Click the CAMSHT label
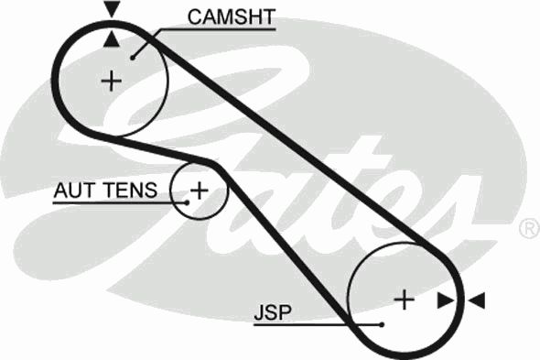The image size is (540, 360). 232,16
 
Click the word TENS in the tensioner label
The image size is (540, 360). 131,190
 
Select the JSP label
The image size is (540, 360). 273,312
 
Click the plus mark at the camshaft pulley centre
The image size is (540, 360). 112,81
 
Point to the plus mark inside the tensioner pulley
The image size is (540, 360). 200,191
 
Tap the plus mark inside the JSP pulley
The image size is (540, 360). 404,300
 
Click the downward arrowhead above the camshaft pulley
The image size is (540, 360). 113,8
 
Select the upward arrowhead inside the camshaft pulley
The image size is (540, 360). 112,38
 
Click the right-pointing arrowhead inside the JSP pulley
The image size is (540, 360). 446,300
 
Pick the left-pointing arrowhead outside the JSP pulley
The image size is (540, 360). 478,300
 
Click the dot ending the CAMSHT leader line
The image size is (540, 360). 133,58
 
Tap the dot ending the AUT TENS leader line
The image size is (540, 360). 187,202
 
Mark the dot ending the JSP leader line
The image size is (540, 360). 382,324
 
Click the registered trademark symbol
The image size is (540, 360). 529,228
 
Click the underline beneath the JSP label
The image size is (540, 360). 316,324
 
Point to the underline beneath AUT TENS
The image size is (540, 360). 118,202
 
